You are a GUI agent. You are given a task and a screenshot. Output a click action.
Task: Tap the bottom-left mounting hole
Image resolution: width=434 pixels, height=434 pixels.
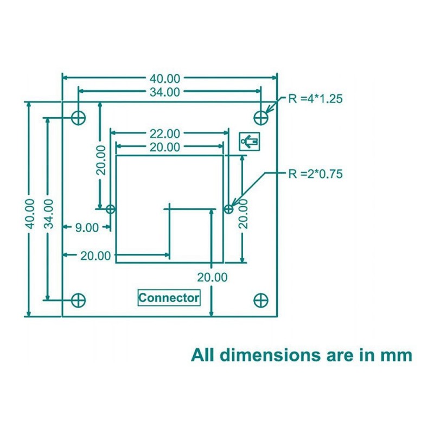(79, 299)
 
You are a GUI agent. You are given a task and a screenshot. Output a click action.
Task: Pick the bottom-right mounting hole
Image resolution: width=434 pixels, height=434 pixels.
(261, 299)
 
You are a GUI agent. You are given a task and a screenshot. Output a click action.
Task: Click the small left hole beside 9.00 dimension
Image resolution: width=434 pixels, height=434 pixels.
(111, 208)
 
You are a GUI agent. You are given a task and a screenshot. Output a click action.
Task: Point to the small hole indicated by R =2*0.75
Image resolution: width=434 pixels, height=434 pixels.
(228, 208)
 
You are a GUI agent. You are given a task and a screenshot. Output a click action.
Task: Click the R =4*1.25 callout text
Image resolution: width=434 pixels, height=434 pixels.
(315, 99)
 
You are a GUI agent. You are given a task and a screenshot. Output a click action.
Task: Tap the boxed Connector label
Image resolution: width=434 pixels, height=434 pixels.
(169, 298)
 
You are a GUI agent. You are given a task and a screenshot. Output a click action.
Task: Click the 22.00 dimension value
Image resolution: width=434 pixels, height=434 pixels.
(165, 133)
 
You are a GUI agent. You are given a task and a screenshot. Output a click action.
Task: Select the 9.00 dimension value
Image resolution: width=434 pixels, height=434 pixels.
(87, 228)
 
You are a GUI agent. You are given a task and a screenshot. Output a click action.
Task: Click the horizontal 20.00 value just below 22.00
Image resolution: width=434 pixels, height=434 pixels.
(165, 147)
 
